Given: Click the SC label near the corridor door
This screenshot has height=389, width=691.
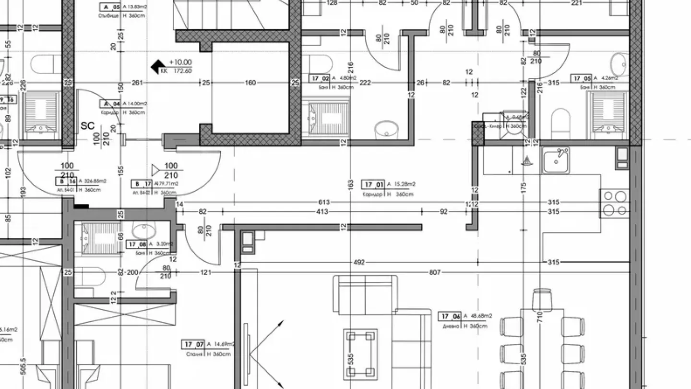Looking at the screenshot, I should (x=88, y=126).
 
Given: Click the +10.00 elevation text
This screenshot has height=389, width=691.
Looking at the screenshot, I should (x=180, y=62).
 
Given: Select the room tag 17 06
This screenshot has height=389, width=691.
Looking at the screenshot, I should (x=450, y=316).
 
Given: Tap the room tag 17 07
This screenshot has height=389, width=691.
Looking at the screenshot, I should (x=193, y=344).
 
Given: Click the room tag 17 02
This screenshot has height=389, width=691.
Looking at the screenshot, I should (x=321, y=78).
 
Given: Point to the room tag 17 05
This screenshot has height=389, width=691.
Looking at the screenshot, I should (x=581, y=78).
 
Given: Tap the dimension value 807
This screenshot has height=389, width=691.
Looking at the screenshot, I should (x=434, y=273).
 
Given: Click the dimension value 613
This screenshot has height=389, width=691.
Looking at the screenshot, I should (x=323, y=203).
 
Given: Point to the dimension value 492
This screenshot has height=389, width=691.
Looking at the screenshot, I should (x=359, y=262).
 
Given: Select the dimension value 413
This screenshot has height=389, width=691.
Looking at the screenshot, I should (x=322, y=212).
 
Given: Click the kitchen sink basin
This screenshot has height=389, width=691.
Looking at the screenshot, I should (x=556, y=160).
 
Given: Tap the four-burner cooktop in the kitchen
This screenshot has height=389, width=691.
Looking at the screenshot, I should (x=615, y=203).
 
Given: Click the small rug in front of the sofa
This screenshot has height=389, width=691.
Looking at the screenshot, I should (x=360, y=354).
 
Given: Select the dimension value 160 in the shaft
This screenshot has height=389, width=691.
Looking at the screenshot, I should (x=250, y=83).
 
